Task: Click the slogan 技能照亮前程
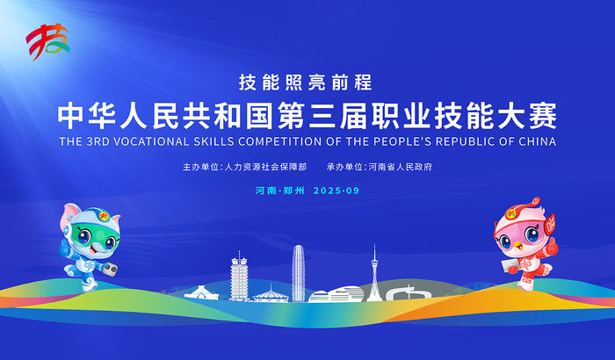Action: [x=307, y=83]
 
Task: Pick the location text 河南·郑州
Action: [x=279, y=190]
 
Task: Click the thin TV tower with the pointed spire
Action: [x=375, y=268]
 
